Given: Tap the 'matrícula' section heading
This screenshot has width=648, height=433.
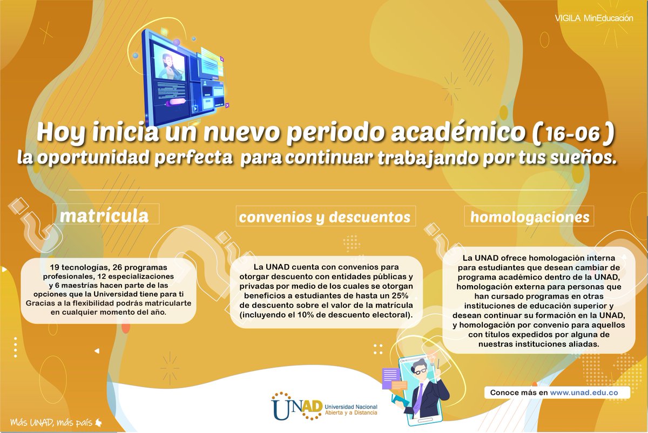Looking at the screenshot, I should click(x=104, y=216).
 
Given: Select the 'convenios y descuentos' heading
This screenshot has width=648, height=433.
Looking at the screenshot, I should click(x=325, y=217).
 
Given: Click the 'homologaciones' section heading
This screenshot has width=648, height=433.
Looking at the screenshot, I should click(x=530, y=217).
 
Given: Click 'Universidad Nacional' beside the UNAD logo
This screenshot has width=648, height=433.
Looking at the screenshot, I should click(x=351, y=406).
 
